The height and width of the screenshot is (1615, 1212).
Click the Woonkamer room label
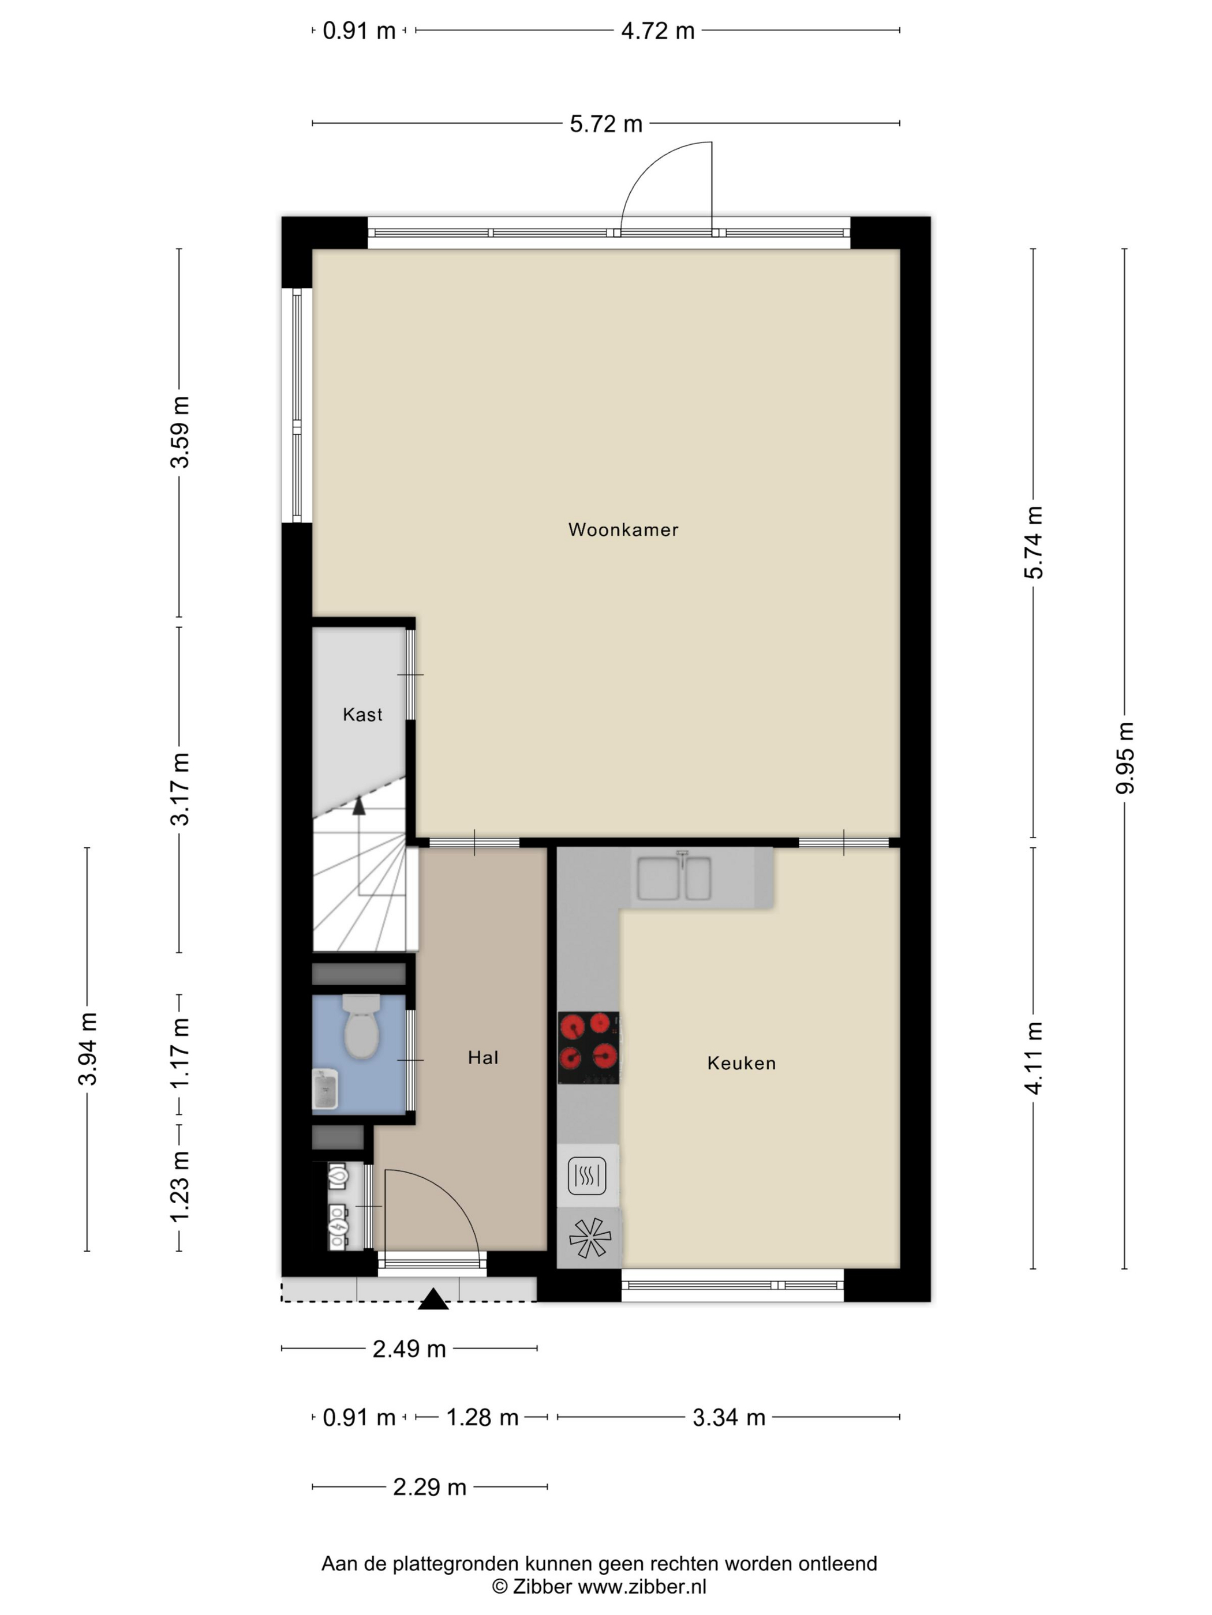coord(623,529)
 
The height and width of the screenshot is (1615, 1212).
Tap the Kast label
coord(362,714)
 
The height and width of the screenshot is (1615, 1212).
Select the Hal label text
coord(483,1057)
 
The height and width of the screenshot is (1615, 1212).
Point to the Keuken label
coord(742,1063)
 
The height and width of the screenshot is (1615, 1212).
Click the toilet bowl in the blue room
coord(362,1025)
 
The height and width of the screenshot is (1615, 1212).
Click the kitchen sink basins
coord(674,878)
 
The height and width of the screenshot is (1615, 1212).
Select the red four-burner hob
coord(589,1047)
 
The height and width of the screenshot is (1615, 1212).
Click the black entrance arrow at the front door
coord(433,1299)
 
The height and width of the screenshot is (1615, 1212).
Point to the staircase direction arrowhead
coord(359,806)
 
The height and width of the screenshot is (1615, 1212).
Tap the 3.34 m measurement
coord(728,1417)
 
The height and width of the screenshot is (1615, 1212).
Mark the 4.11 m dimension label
coord(1034,1057)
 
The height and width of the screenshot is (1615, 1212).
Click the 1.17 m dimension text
coord(179,1052)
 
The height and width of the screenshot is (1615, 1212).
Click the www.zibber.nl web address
coord(642,1586)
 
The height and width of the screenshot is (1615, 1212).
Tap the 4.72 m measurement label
coord(657,31)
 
